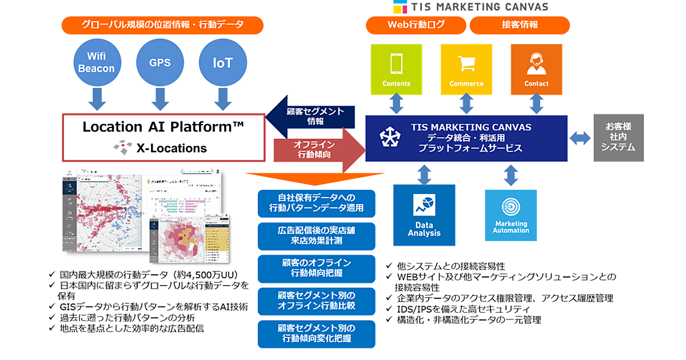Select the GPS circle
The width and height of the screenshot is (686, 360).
pyautogui.click(x=160, y=63)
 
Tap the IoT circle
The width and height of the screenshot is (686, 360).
pyautogui.click(x=222, y=63)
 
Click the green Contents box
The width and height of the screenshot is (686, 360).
pyautogui.click(x=396, y=69)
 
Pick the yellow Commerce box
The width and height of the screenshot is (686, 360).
pyautogui.click(x=466, y=69)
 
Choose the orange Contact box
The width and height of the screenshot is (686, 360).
pyautogui.click(x=536, y=69)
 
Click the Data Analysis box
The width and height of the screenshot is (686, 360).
pyautogui.click(x=424, y=214)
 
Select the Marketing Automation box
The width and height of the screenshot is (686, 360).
pyautogui.click(x=511, y=215)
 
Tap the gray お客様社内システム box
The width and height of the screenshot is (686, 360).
pyautogui.click(x=619, y=137)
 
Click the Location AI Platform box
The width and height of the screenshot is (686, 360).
pyautogui.click(x=163, y=137)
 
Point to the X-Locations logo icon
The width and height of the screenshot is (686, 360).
pyautogui.click(x=122, y=148)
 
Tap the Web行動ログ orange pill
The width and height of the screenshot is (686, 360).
pyautogui.click(x=416, y=25)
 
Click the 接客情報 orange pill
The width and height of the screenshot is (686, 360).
pyautogui.click(x=520, y=25)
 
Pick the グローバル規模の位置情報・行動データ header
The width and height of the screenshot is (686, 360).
pyautogui.click(x=162, y=25)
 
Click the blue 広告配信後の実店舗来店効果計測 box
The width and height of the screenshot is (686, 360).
pyautogui.click(x=316, y=235)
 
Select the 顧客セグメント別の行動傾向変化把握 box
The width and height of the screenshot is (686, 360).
pyautogui.click(x=316, y=334)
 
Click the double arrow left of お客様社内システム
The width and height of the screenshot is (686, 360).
pyautogui.click(x=580, y=138)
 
